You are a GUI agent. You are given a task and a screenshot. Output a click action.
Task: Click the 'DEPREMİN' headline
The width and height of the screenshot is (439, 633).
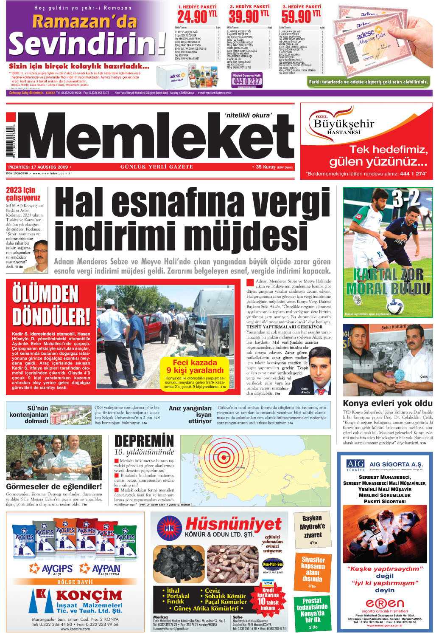coord(144,441)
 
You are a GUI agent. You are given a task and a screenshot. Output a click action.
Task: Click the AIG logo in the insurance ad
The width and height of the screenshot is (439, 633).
coord(355,464)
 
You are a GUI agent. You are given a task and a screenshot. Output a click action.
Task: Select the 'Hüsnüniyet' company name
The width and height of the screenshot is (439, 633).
coord(233,525)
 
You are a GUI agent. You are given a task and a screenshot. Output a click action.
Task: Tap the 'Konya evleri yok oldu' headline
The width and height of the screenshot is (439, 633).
coord(388,403)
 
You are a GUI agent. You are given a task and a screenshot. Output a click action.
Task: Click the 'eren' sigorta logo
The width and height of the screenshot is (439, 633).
coord(385,603)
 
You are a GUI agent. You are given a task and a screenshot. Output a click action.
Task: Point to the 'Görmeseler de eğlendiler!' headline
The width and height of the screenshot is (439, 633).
coord(54,486)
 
